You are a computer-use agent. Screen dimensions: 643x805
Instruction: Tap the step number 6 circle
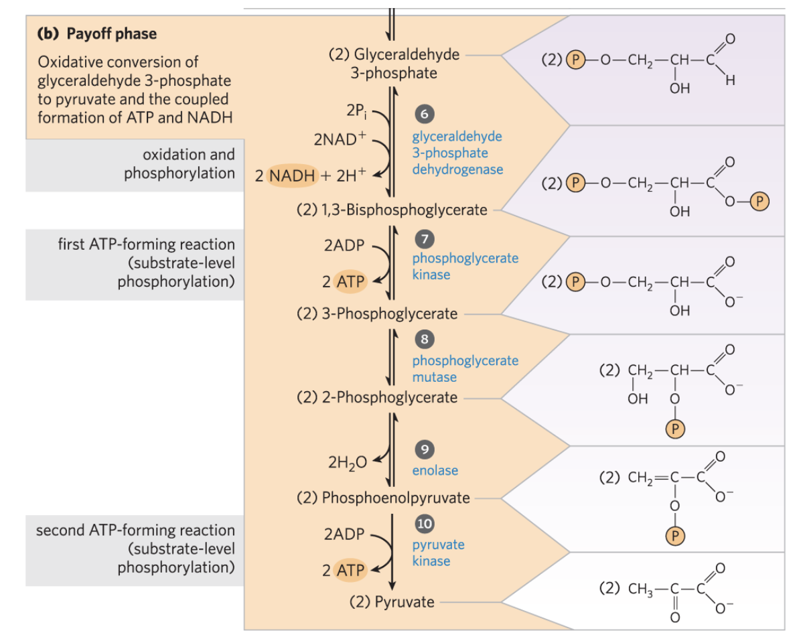tap(423, 114)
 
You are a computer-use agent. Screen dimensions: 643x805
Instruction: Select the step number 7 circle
tap(423, 238)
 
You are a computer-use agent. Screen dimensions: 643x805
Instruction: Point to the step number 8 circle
tap(423, 340)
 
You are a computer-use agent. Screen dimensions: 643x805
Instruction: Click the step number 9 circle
tap(423, 449)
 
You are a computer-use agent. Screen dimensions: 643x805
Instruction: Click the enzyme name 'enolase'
tap(435, 470)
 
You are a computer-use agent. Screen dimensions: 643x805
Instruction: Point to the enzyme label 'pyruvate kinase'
tap(438, 553)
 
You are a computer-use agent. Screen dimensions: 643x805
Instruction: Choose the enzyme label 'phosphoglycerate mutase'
tap(465, 368)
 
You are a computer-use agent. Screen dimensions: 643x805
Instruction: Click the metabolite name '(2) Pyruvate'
tap(392, 601)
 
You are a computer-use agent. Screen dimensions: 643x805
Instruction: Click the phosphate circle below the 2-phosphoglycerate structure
tap(676, 429)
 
